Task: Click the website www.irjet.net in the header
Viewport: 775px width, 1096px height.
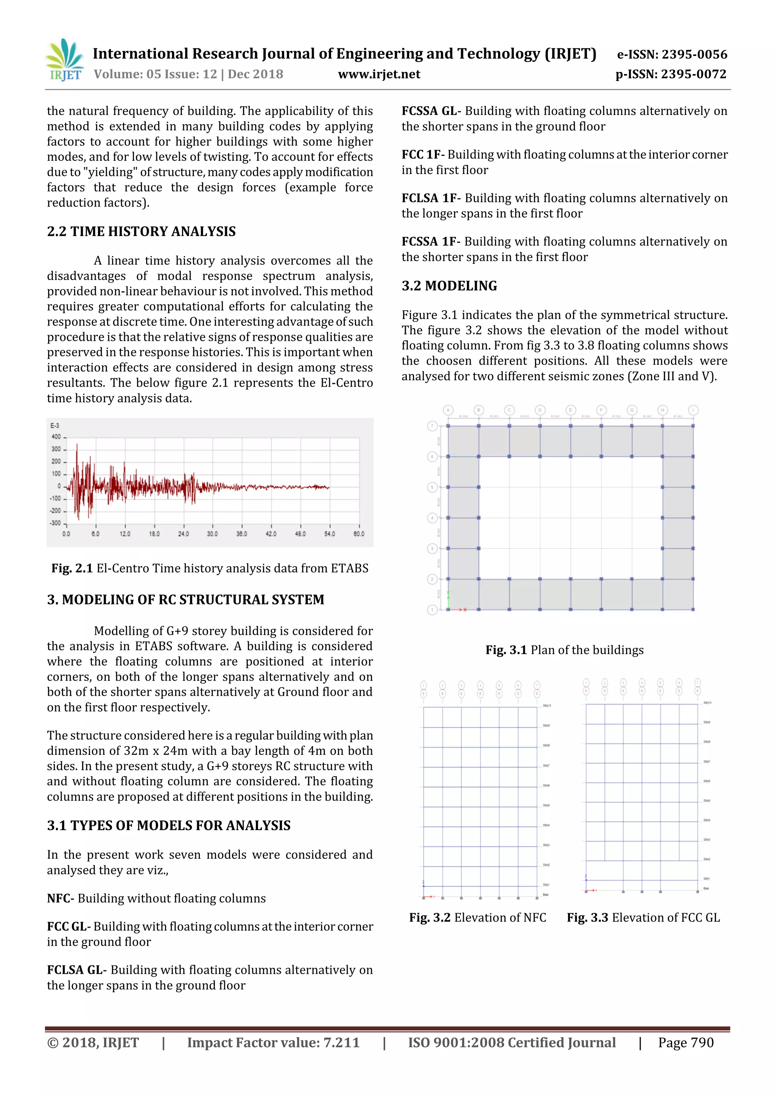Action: (379, 74)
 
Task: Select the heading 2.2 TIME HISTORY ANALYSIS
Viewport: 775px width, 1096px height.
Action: (142, 232)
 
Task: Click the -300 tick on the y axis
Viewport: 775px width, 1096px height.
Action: (55, 523)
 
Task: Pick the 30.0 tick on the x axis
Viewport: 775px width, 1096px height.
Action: (213, 534)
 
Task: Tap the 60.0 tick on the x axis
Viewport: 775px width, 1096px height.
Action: (359, 534)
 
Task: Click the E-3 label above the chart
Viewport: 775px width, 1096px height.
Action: (55, 425)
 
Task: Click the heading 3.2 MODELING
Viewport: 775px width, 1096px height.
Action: (449, 286)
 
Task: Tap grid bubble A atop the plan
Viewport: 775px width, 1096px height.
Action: (448, 410)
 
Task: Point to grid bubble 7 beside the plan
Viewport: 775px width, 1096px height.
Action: (432, 426)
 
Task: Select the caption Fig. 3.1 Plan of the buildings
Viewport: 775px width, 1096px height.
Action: (565, 650)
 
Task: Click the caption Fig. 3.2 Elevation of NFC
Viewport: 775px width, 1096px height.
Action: (478, 917)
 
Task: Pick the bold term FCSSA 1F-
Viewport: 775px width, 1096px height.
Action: (431, 241)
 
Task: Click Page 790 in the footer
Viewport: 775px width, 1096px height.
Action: (686, 1043)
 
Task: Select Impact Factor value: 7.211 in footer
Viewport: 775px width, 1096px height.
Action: (273, 1043)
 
